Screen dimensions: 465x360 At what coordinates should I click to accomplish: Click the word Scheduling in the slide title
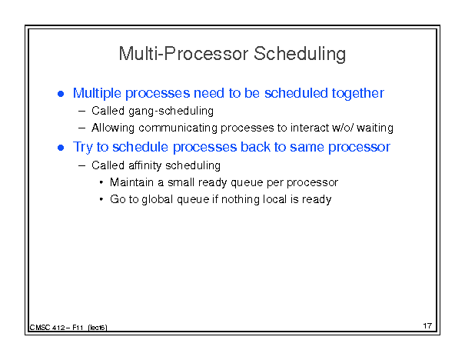click(x=300, y=55)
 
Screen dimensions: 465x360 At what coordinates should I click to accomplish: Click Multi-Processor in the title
click(x=184, y=53)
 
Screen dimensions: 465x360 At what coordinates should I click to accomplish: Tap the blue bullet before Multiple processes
click(x=61, y=94)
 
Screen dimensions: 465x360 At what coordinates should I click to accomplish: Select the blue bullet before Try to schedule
click(x=61, y=148)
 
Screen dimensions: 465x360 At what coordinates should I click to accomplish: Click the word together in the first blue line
click(x=358, y=94)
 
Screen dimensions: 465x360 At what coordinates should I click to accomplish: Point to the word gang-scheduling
click(x=171, y=112)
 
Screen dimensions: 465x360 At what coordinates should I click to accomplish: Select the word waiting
click(x=375, y=128)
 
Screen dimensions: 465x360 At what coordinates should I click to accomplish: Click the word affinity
click(x=145, y=165)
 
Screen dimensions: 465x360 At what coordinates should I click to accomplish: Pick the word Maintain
click(x=132, y=182)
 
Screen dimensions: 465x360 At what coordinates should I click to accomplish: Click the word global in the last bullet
click(x=157, y=199)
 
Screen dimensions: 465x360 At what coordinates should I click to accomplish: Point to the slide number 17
click(x=427, y=326)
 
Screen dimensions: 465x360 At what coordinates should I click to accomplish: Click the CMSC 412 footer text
click(x=68, y=328)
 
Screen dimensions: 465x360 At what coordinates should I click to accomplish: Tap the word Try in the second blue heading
click(x=83, y=147)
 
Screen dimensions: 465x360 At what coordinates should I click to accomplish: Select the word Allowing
click(x=113, y=128)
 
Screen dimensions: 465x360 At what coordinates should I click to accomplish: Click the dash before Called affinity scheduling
click(x=81, y=166)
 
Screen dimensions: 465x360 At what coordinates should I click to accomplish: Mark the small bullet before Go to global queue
click(x=101, y=199)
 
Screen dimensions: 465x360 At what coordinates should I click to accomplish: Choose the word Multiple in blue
click(x=97, y=94)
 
